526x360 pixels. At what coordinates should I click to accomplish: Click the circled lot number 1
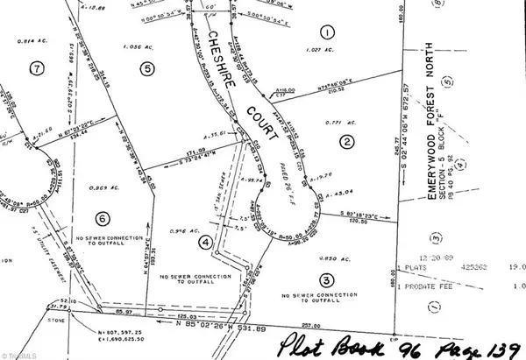327,34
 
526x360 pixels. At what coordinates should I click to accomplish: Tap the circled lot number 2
347,142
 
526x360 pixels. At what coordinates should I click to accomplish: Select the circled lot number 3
326,280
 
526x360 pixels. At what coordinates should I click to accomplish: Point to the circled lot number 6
103,219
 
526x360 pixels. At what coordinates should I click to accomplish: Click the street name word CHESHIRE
219,57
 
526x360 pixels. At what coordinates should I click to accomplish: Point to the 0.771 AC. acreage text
339,122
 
